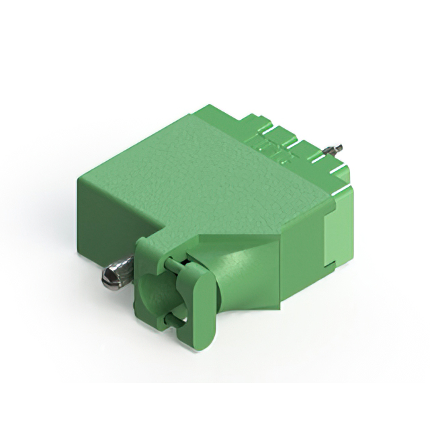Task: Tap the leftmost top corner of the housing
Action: [x=79, y=176]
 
